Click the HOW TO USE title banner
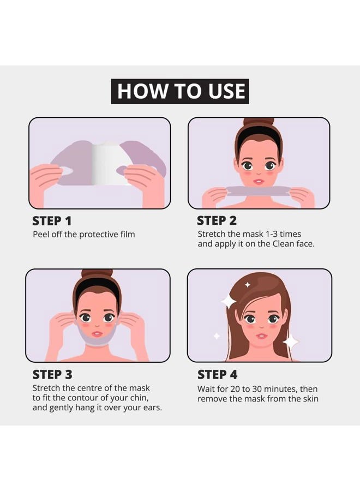point(180,91)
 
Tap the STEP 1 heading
point(52,221)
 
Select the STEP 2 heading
point(217,221)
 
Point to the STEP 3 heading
point(52,375)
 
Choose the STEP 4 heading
point(217,375)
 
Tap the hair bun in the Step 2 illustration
point(259,122)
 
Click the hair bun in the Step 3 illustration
point(97,273)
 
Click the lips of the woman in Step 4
point(262,336)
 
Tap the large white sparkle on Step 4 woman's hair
point(229,302)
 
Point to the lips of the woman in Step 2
point(259,182)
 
